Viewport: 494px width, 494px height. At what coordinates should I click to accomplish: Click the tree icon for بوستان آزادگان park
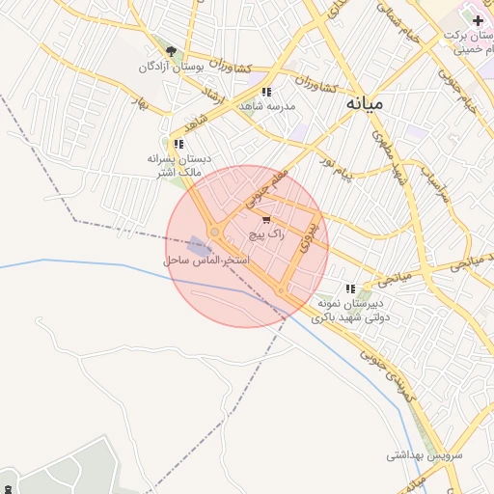pyautogui.click(x=172, y=52)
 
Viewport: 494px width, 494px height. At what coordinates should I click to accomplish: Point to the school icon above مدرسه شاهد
pyautogui.click(x=266, y=92)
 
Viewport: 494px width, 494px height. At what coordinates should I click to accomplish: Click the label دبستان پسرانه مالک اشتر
pyautogui.click(x=178, y=164)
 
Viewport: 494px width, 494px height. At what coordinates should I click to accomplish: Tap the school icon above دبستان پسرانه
pyautogui.click(x=178, y=144)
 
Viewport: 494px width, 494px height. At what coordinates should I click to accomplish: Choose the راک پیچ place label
pyautogui.click(x=267, y=234)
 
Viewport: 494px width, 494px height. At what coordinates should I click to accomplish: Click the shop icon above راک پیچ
pyautogui.click(x=266, y=220)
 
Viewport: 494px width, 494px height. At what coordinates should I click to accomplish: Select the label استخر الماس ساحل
pyautogui.click(x=206, y=261)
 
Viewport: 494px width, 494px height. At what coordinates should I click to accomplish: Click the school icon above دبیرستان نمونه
pyautogui.click(x=351, y=288)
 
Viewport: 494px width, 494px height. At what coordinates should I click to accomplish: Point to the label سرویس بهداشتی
pyautogui.click(x=425, y=453)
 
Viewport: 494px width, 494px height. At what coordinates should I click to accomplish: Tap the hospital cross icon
pyautogui.click(x=478, y=19)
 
